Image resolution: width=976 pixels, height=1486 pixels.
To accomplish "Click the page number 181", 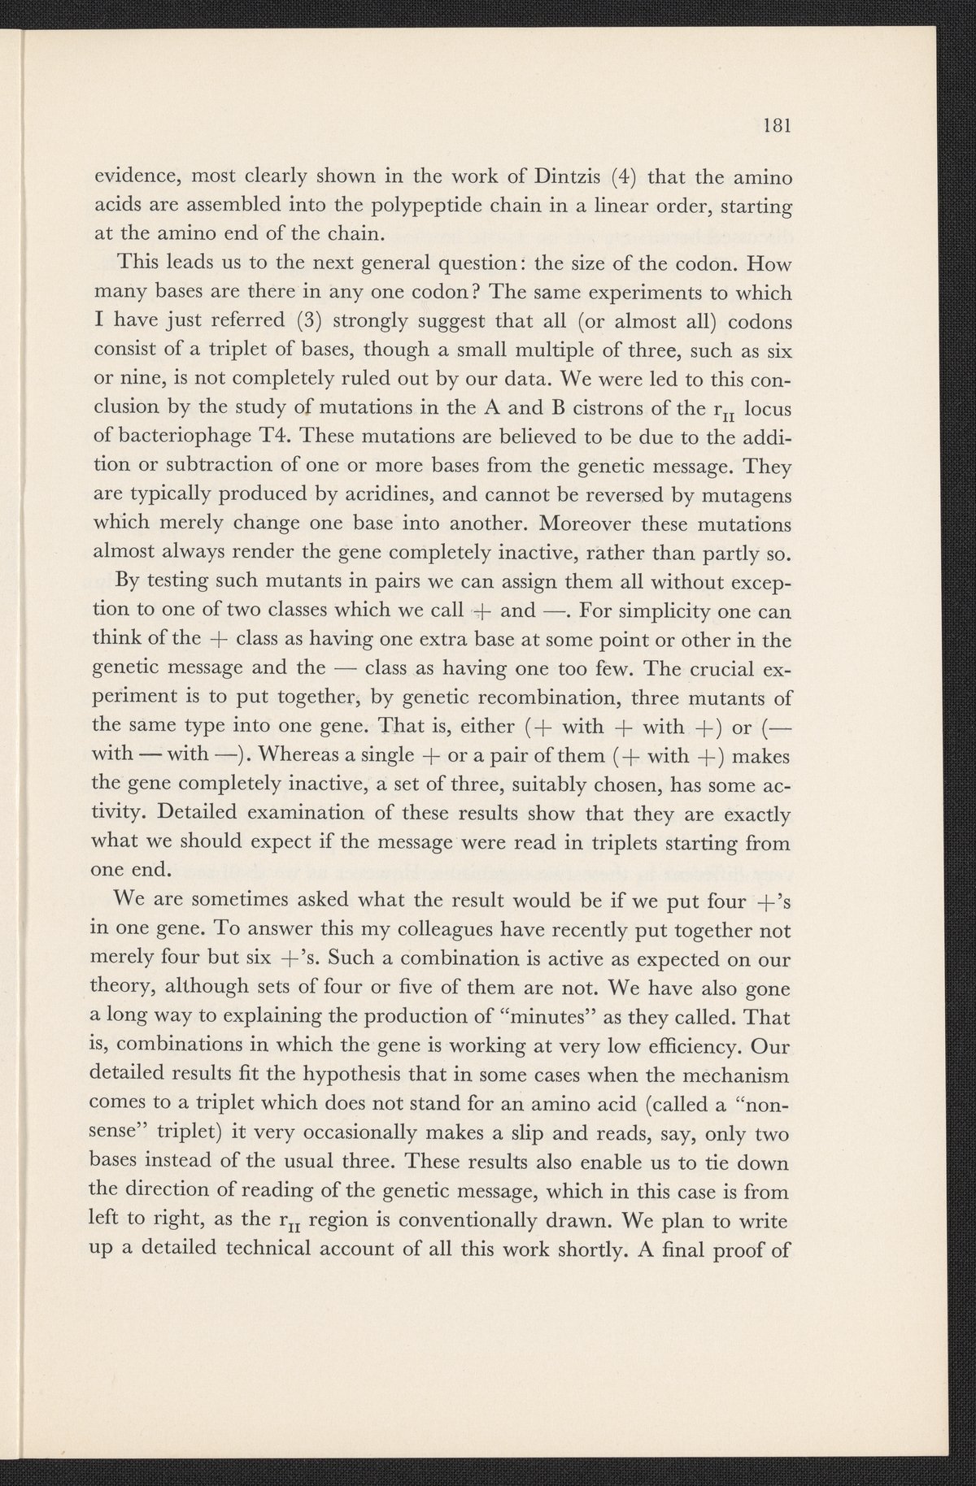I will [x=778, y=127].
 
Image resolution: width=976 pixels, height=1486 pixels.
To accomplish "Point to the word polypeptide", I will [x=367, y=206].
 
